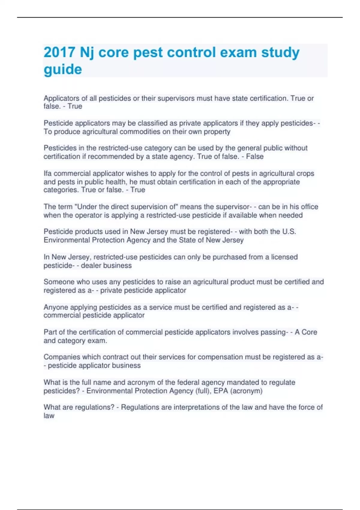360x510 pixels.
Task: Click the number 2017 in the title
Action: click(59, 52)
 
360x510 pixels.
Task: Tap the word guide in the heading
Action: click(63, 70)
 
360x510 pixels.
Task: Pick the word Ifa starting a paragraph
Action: click(47, 173)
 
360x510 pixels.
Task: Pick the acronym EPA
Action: click(220, 391)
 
